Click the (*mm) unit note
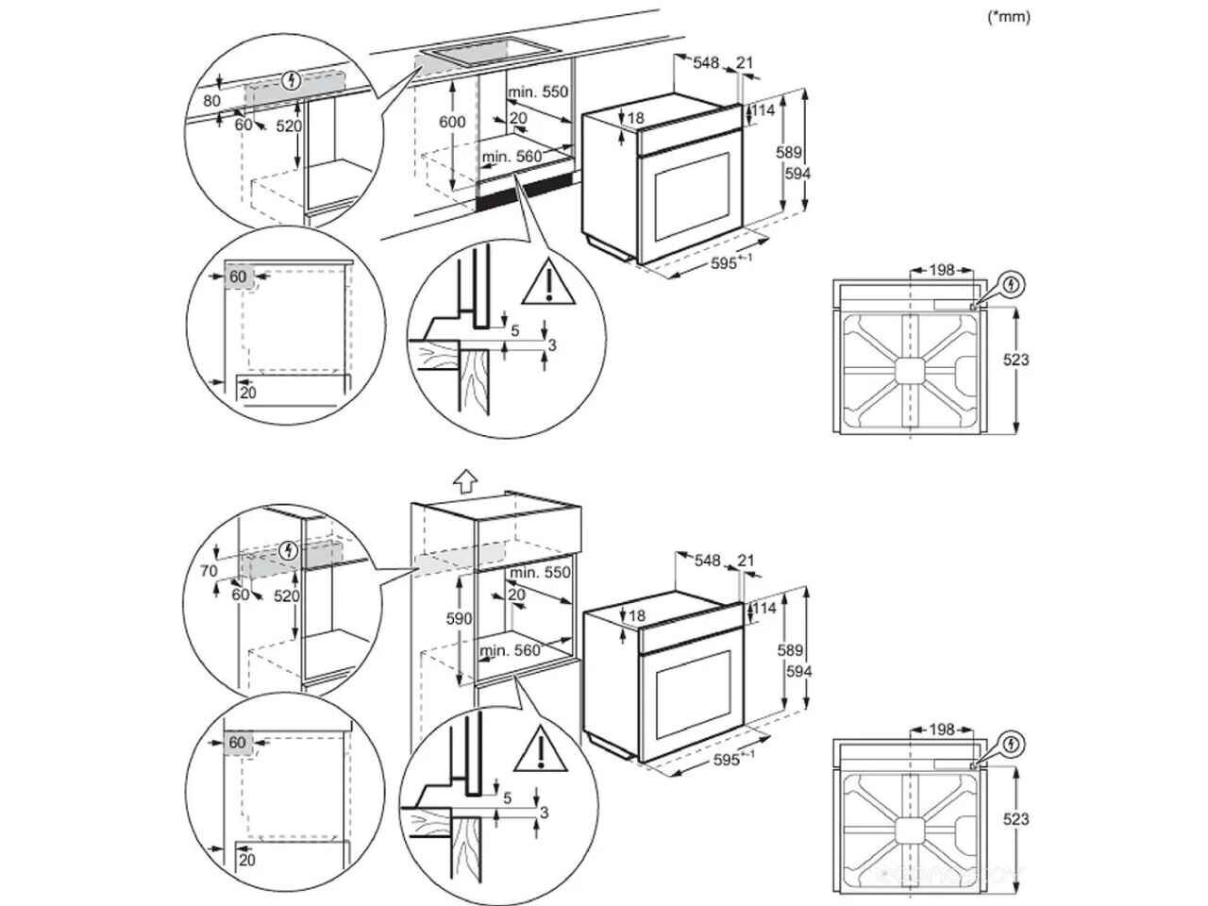[1009, 16]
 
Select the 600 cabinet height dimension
[453, 122]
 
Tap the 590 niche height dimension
[458, 618]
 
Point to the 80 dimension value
[211, 100]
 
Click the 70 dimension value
[209, 571]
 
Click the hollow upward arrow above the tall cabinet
[463, 482]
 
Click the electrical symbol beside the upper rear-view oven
[1011, 284]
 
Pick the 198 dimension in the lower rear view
[942, 730]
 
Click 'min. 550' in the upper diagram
[538, 92]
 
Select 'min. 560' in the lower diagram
[510, 650]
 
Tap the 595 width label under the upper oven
[724, 263]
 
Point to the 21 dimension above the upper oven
[746, 63]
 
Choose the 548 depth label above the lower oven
[706, 561]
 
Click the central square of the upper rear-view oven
[910, 369]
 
